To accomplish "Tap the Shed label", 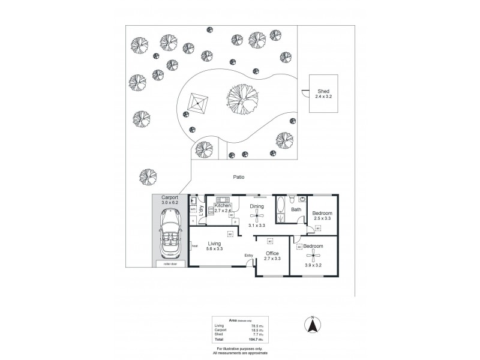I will point(323,91).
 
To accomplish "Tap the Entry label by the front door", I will point(248,256).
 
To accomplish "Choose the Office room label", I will point(272,253).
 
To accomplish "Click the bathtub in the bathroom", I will point(281,211).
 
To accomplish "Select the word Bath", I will point(296,210).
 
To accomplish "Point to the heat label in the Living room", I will point(194,245).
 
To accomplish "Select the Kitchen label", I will point(223,205).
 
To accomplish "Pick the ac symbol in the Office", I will point(270,241).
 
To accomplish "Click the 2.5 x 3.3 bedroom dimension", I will point(323,219).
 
